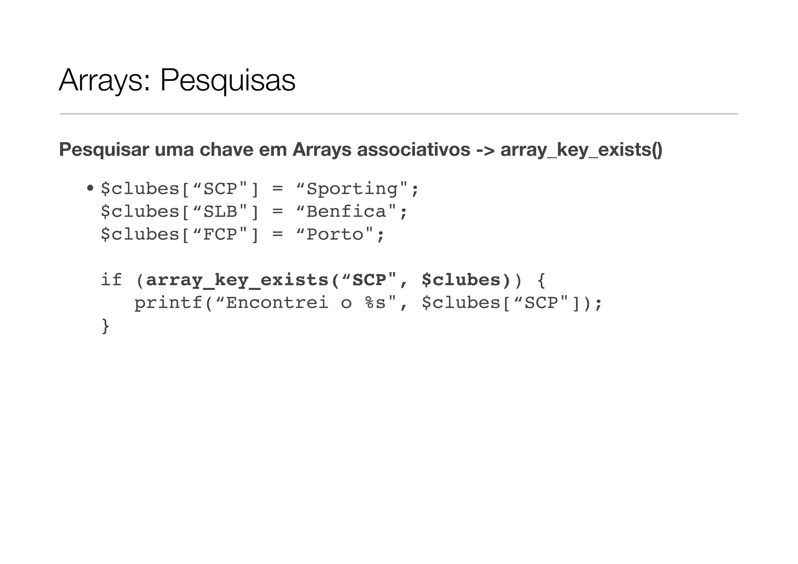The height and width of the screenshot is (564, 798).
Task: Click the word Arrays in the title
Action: pos(101,81)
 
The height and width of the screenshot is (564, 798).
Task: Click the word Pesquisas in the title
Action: pos(228,81)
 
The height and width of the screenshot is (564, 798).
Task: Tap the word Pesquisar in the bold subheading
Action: pos(104,150)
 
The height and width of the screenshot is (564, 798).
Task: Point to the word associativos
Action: pos(413,150)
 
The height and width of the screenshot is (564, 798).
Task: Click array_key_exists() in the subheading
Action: pos(581,150)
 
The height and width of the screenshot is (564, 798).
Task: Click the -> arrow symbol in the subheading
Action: pos(485,150)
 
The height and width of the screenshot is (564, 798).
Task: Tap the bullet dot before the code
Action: pos(90,189)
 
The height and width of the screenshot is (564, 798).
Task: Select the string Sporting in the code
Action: pos(352,189)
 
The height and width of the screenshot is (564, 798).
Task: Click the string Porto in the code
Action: pos(335,234)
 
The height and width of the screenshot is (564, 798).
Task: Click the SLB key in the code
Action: pos(221,212)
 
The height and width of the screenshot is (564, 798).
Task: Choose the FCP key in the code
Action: pos(221,234)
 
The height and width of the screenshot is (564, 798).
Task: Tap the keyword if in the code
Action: pos(111,280)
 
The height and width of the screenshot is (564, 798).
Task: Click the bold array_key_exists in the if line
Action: pos(237,280)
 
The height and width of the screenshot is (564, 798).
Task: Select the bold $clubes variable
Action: pos(461,280)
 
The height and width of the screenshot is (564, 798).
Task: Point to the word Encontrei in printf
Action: pos(277,303)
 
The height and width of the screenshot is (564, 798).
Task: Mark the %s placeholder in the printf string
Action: pos(375,303)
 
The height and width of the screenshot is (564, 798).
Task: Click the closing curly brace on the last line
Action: pos(105,326)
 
